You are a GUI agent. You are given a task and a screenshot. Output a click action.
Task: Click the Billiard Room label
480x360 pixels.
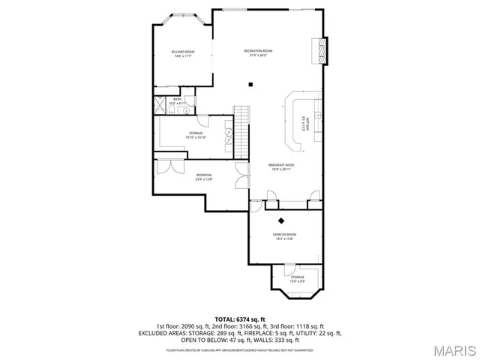184,53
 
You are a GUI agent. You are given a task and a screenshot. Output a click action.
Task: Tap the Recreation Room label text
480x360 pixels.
258,52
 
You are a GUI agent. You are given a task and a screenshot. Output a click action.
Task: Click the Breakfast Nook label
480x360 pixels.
281,166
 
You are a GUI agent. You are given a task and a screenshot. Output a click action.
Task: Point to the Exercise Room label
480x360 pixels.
284,236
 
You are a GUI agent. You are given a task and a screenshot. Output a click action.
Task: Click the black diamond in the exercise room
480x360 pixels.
282,220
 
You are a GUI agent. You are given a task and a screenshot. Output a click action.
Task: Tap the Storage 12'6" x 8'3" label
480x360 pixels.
298,278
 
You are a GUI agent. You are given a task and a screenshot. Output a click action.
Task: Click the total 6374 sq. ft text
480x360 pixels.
240,319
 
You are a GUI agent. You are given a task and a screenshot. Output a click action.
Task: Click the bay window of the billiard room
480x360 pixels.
181,16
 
